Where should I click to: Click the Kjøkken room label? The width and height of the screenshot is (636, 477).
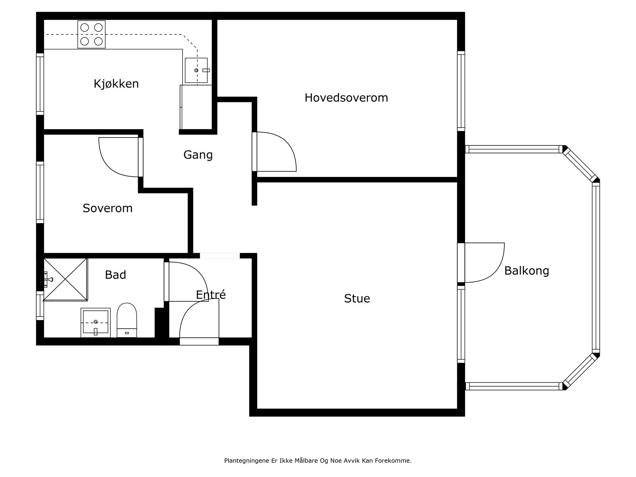click(116, 84)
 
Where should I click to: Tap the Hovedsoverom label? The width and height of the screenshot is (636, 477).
click(346, 98)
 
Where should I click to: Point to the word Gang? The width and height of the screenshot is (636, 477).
click(198, 155)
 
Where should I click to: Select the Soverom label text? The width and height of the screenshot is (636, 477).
click(107, 208)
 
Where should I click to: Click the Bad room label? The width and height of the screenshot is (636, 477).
click(115, 275)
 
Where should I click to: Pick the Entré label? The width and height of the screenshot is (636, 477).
click(211, 295)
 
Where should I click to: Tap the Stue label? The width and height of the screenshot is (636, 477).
click(357, 299)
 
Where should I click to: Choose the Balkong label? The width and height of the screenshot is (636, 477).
click(526, 271)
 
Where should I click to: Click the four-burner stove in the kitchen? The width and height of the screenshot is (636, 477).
click(91, 34)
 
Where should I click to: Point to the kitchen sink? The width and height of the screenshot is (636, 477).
click(196, 70)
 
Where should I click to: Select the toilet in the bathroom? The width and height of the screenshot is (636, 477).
click(127, 320)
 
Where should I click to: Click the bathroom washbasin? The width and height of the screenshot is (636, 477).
click(96, 323)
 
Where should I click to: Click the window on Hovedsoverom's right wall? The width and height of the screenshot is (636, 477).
click(461, 91)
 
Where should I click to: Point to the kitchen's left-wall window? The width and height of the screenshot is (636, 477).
click(40, 84)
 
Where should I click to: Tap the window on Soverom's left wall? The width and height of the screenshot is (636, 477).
click(40, 193)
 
